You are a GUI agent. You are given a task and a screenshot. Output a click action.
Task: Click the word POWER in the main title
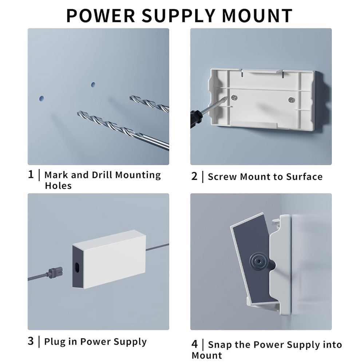(100, 16)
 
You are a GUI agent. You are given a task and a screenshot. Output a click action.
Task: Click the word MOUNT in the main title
(257, 16)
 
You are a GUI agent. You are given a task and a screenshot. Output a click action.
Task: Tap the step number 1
(31, 174)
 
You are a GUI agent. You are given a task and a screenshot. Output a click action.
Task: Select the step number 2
(194, 176)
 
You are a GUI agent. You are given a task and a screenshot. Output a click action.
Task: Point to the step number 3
(31, 341)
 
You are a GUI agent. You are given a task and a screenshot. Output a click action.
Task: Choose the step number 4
(194, 344)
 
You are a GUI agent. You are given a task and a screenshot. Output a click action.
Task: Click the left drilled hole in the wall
(42, 99)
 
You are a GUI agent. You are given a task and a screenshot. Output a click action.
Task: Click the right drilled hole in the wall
(93, 84)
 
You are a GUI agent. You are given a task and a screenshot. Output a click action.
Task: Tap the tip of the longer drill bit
(78, 113)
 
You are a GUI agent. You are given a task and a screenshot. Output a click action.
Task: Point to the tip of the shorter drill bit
(130, 98)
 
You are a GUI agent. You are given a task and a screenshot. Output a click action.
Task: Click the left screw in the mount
(234, 98)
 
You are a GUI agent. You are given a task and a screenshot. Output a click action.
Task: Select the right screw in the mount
(291, 100)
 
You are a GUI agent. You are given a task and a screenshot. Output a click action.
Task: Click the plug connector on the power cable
(55, 273)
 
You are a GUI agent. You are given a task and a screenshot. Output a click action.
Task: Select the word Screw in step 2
(222, 177)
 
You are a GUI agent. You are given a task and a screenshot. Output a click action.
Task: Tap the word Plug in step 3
(54, 342)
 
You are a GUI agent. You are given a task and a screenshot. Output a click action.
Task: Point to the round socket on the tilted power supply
(257, 262)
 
